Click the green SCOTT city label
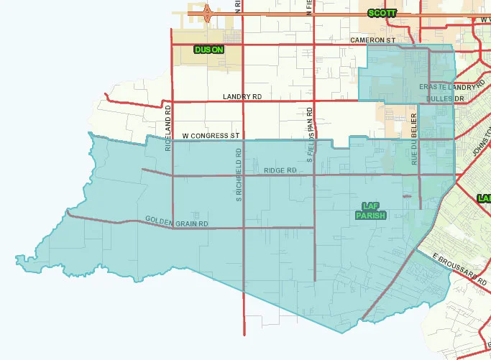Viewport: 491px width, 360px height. pos(382,13)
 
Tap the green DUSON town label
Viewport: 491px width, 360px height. pos(208,50)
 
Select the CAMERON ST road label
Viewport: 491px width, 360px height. pos(373,40)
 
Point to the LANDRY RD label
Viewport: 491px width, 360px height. pos(242,96)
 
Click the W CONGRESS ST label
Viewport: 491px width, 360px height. pos(210,135)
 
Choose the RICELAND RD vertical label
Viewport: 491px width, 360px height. pos(168,128)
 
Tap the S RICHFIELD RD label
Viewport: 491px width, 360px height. pos(239,175)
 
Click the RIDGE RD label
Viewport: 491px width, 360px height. pos(280,170)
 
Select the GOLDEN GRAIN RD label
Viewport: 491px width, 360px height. pos(176,222)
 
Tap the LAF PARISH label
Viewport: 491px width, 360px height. pos(371,210)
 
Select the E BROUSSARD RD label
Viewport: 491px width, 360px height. pos(460,267)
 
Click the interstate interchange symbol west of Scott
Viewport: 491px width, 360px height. pos(207,12)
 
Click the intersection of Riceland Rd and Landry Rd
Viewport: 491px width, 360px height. pos(172,102)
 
